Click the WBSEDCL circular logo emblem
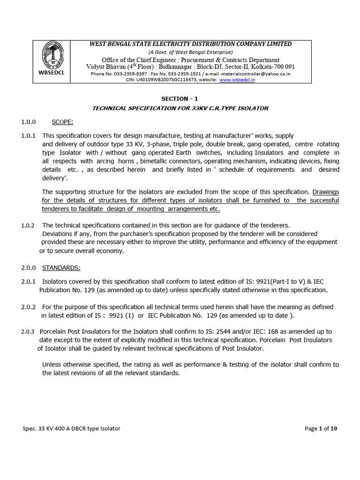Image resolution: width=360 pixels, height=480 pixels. click(52, 55)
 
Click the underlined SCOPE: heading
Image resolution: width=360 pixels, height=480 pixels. click(62, 122)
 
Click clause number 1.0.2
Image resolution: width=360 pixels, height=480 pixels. click(28, 225)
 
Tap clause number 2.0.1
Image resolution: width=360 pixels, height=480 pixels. click(28, 282)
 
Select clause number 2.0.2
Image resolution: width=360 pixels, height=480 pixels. click(28, 307)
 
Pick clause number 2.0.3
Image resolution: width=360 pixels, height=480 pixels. click(28, 332)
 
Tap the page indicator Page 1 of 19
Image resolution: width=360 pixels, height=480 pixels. click(321, 428)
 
